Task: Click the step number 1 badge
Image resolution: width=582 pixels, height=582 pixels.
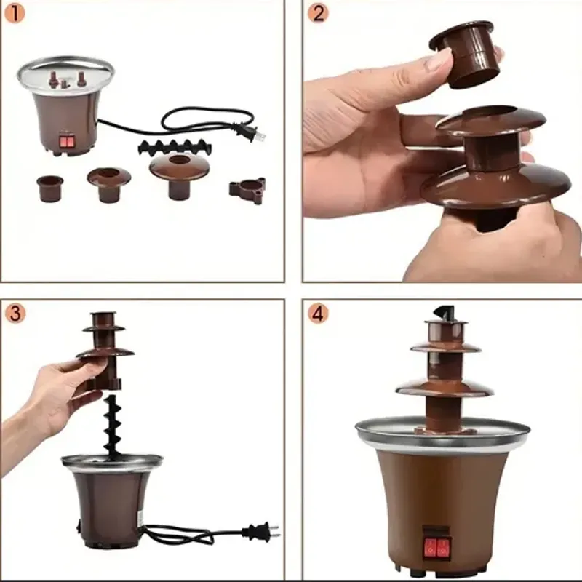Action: coord(15,14)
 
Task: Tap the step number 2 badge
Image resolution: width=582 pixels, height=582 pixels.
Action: coord(316,13)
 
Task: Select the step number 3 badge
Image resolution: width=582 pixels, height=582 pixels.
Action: coord(15,314)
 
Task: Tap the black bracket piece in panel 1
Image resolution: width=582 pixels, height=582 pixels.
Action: coord(247,191)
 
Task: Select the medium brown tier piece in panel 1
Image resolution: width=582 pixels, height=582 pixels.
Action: coord(109,182)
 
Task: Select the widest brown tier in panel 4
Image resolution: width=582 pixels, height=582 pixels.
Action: coord(443,388)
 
